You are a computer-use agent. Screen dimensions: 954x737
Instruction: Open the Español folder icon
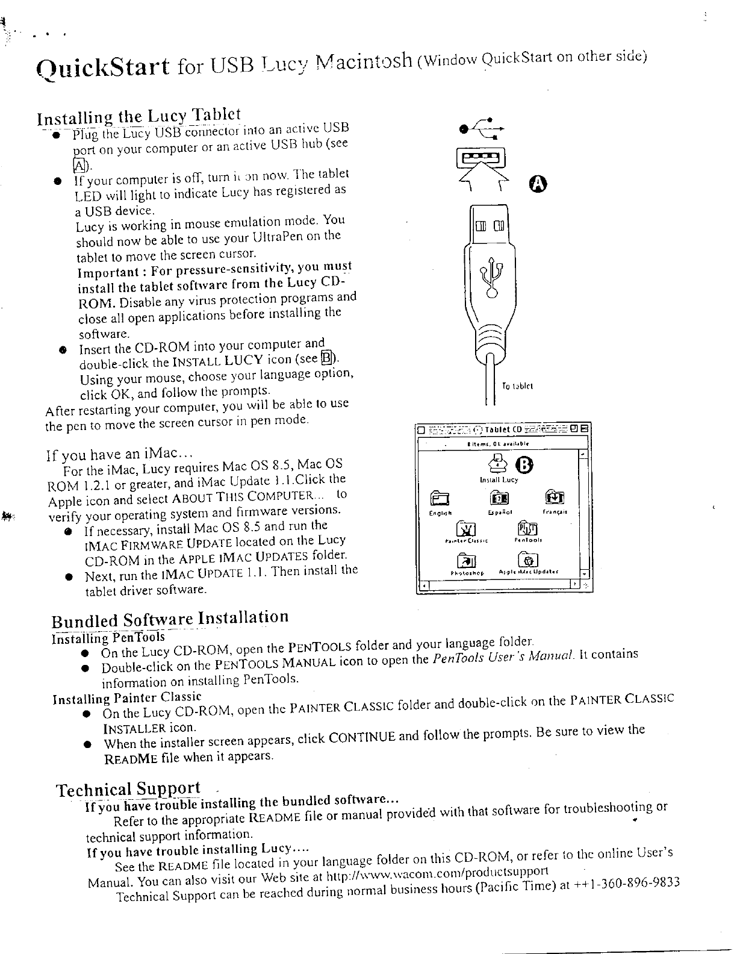499,498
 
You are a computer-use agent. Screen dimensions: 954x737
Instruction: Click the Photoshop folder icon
467,560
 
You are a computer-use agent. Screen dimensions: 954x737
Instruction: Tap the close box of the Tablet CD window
421,429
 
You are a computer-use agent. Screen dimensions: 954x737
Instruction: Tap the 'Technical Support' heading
128,789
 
